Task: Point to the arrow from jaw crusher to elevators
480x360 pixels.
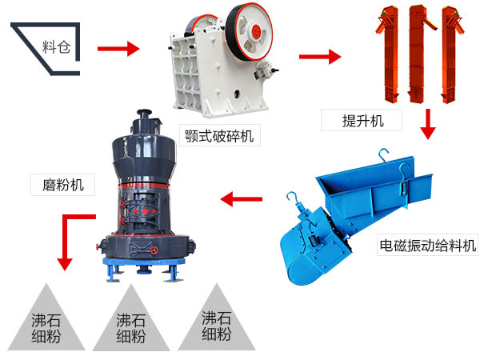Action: click(319, 56)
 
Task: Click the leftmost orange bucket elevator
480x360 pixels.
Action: click(390, 52)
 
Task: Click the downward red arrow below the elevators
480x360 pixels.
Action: click(429, 123)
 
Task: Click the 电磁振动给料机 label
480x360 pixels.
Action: click(427, 246)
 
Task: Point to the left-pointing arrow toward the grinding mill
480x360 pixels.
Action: click(239, 198)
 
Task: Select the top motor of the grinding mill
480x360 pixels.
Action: click(144, 122)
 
